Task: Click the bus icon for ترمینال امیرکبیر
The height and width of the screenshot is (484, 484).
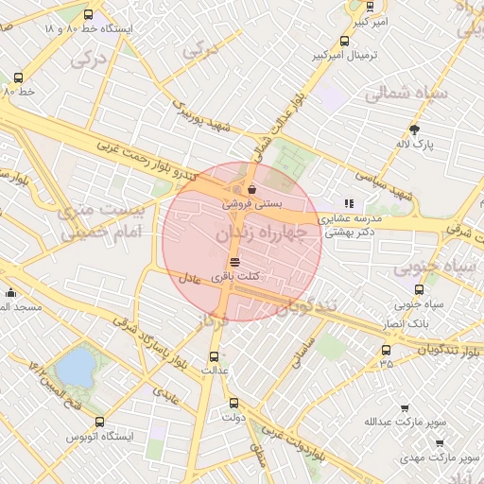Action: tap(344, 42)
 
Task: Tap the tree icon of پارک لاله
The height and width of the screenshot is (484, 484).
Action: tap(414, 130)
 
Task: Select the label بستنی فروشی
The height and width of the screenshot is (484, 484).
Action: tap(251, 203)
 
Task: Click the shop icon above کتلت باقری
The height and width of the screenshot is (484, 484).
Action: tap(234, 261)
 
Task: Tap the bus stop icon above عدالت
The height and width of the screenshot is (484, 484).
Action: tap(214, 356)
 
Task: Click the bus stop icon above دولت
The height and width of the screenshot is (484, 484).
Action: tap(233, 403)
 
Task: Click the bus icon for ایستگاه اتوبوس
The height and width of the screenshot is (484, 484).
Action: tap(100, 422)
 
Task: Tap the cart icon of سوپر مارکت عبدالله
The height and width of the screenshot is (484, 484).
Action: tap(405, 407)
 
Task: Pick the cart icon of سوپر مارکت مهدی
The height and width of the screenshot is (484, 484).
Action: tap(439, 442)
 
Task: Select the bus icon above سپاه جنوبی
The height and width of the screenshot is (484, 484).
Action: tap(419, 289)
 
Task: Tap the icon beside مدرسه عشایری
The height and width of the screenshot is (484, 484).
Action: tap(349, 202)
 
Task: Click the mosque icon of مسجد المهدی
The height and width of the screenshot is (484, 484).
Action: tap(10, 293)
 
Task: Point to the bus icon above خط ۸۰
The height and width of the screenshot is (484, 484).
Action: tap(19, 78)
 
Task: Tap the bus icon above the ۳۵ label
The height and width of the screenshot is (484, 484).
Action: tap(385, 349)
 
